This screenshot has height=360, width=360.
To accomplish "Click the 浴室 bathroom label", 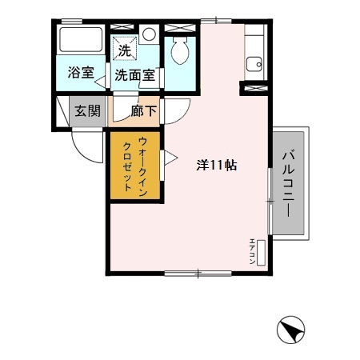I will click(82, 73).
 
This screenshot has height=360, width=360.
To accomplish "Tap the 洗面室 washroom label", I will click(134, 76).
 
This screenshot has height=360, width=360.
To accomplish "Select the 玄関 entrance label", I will click(88, 111).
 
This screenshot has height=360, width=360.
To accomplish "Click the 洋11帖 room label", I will click(216, 166).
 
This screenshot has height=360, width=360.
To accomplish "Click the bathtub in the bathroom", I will click(82, 42).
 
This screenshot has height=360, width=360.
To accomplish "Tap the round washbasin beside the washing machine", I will click(149, 34).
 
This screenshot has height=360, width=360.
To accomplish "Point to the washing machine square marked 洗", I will click(125, 49).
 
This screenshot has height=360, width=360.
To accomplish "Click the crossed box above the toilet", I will click(179, 29).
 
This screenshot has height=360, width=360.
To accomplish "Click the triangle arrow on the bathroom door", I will click(98, 78).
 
